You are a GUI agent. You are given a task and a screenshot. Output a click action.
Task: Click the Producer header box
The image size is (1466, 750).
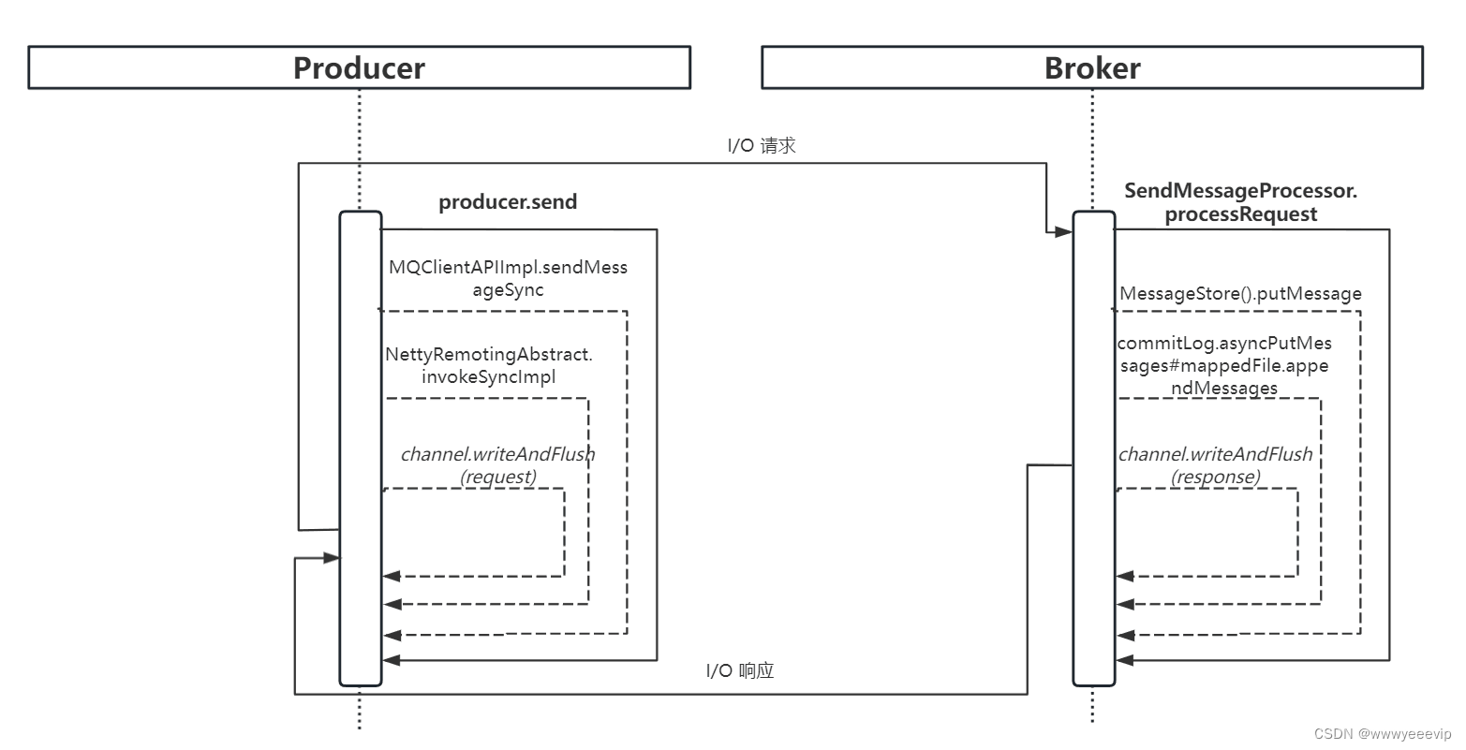(x=359, y=67)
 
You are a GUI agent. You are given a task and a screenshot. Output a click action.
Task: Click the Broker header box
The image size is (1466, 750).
(x=1091, y=67)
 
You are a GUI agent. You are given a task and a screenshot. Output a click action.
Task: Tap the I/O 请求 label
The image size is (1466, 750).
(x=762, y=145)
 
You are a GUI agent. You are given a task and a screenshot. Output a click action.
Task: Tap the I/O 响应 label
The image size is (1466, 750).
(x=739, y=670)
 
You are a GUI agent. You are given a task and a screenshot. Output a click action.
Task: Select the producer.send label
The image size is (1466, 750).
(x=508, y=201)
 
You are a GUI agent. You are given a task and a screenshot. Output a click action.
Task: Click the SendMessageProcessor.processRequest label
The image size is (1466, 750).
(x=1240, y=202)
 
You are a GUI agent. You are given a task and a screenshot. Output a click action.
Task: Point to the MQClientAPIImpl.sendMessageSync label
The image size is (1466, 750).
(x=508, y=278)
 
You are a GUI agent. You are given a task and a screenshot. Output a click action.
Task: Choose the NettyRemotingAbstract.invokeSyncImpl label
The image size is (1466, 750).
(x=489, y=365)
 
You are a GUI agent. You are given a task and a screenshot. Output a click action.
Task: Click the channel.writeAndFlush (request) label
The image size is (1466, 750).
(x=497, y=465)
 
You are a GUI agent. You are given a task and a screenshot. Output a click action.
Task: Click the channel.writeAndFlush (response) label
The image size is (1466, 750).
(x=1215, y=465)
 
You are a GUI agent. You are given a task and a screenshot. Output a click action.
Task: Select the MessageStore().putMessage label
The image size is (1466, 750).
(x=1240, y=293)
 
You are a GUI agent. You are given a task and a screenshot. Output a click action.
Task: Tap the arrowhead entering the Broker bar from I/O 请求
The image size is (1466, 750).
(x=1064, y=230)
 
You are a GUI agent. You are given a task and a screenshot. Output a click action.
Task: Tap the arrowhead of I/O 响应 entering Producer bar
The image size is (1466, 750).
(x=331, y=558)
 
